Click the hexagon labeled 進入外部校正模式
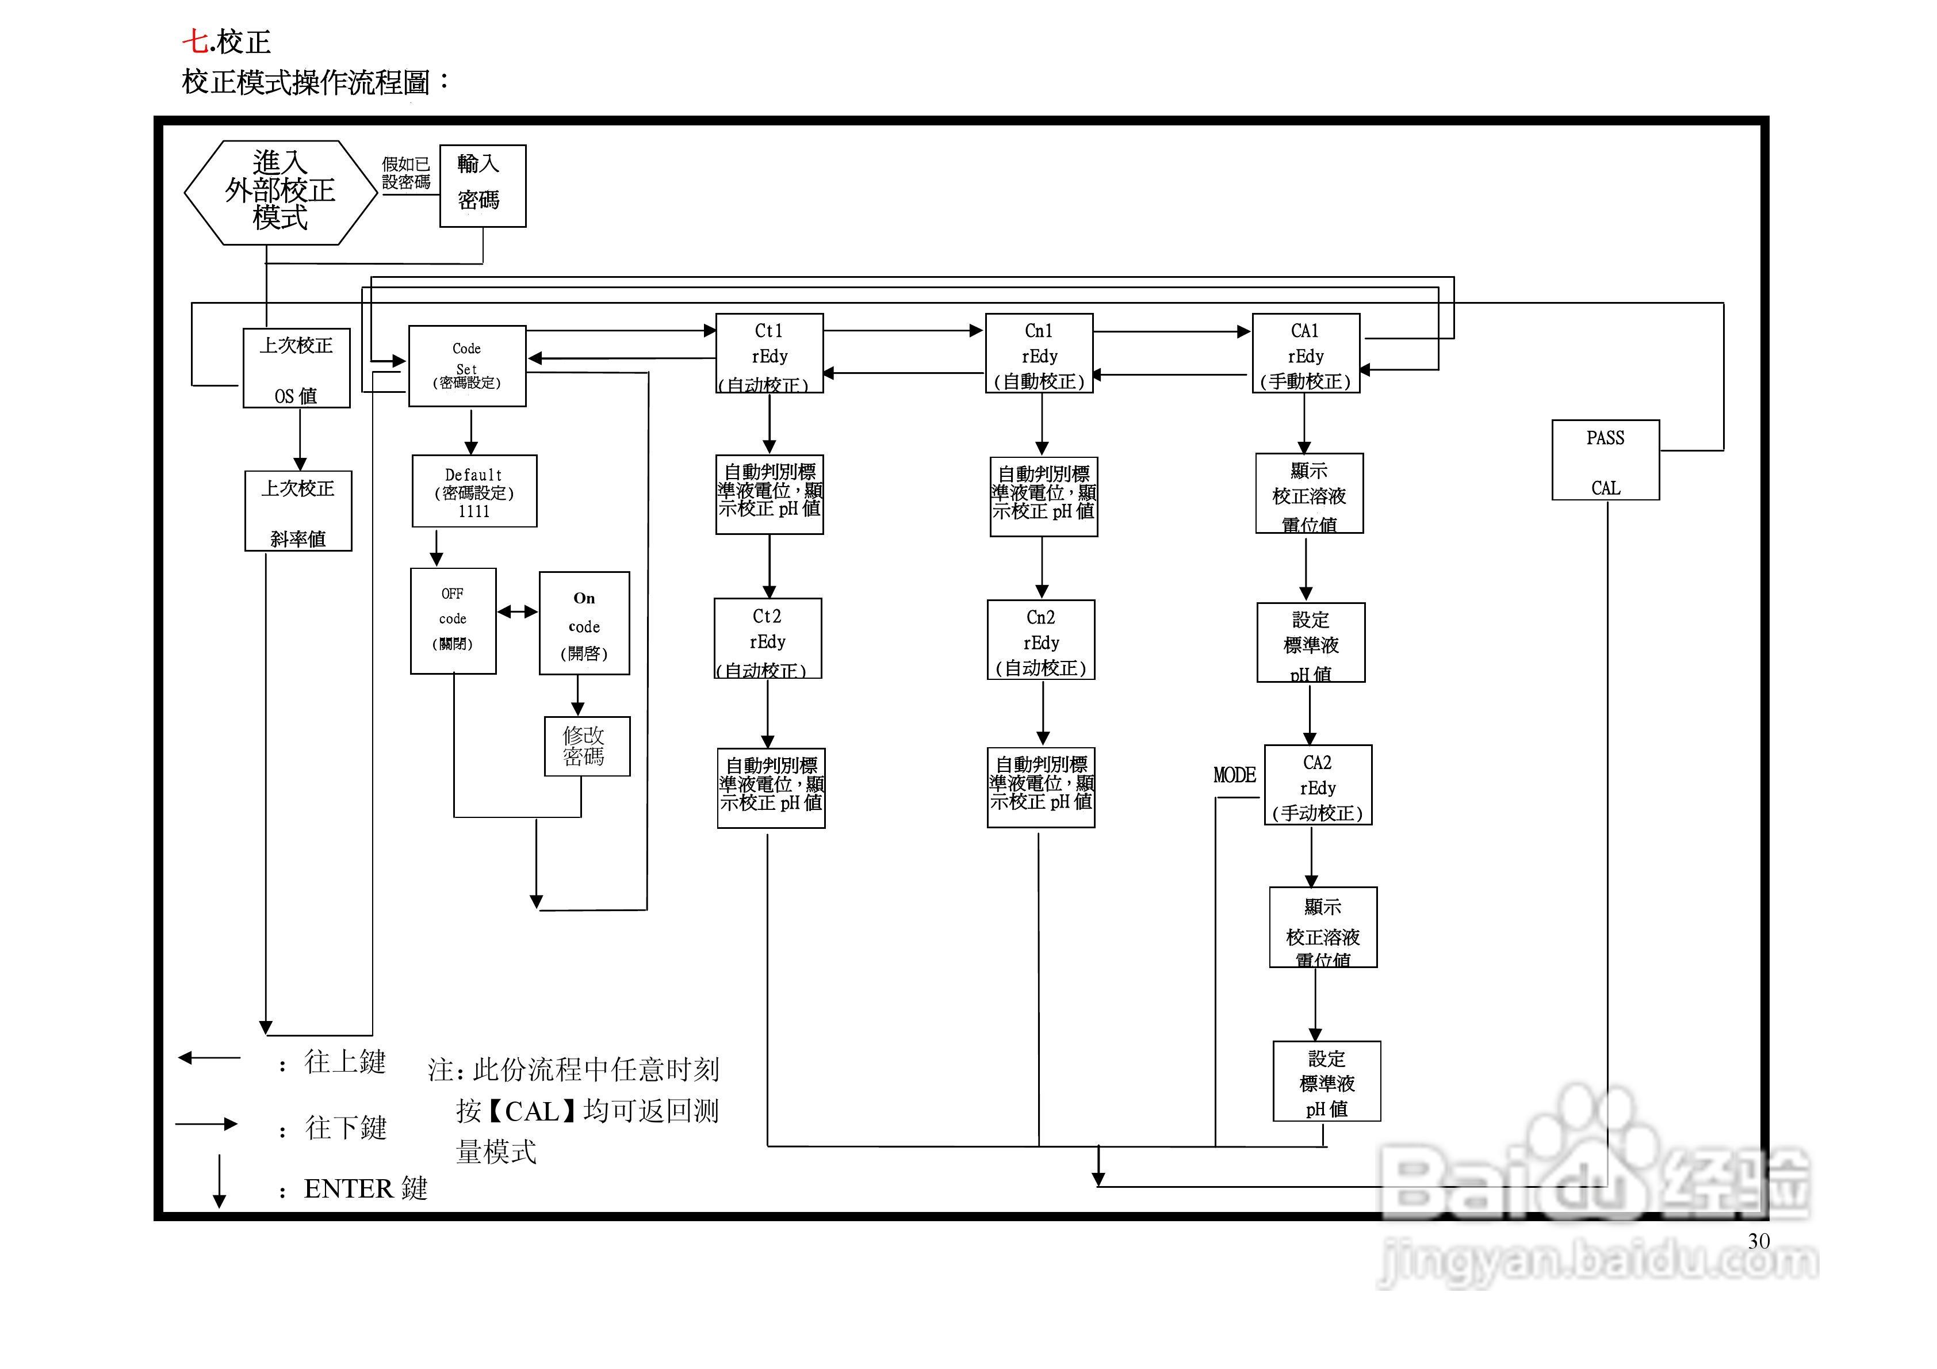coord(280,193)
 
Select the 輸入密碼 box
coord(483,186)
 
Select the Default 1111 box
coord(474,491)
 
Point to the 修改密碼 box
coord(586,746)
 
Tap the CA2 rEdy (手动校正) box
coord(1318,785)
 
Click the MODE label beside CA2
coord(1234,775)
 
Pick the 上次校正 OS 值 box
coord(296,369)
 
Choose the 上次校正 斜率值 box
coord(298,511)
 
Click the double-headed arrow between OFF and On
coord(517,612)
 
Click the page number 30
coord(1758,1241)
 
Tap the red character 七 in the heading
coord(195,41)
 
